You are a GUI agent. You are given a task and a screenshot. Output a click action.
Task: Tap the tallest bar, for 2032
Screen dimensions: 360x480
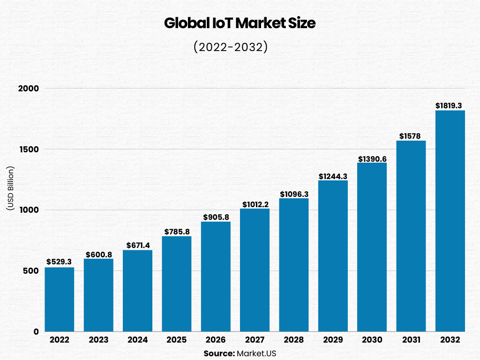(450, 221)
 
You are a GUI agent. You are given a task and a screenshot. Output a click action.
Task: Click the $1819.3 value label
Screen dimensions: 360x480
(450, 106)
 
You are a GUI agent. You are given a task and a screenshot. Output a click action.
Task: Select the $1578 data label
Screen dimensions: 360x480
(411, 136)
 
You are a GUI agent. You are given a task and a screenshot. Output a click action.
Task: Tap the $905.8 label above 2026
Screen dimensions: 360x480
(216, 217)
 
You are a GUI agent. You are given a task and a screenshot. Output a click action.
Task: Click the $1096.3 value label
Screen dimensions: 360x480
(294, 194)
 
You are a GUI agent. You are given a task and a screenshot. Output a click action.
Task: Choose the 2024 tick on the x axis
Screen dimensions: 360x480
(137, 340)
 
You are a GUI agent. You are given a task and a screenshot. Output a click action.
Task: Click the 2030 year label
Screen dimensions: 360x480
(372, 340)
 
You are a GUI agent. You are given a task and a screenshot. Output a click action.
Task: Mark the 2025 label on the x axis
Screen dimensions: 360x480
(177, 340)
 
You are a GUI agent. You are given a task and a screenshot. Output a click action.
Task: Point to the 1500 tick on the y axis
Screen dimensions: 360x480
(29, 149)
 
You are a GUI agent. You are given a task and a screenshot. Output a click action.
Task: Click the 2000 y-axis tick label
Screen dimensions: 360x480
(29, 88)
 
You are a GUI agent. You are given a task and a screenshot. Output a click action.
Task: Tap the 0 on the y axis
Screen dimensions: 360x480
(36, 331)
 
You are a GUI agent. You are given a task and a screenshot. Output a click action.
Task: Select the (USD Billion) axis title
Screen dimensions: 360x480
(10, 187)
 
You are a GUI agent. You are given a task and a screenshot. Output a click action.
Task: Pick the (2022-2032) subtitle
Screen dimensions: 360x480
(230, 47)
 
